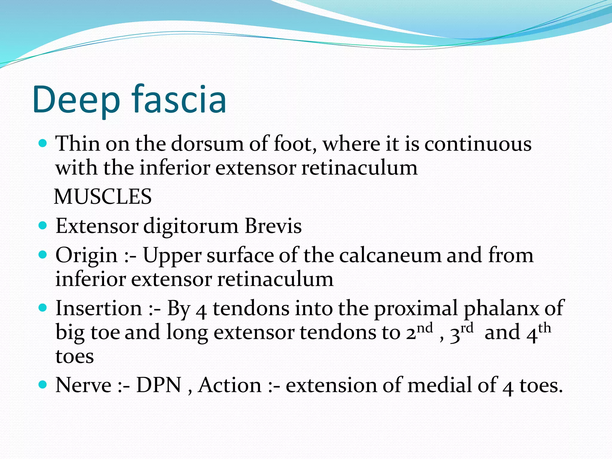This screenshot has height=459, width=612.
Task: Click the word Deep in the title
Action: (76, 100)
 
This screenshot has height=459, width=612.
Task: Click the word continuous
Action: (478, 144)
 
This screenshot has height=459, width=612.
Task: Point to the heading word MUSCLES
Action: (103, 197)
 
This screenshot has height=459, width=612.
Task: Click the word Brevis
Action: (273, 226)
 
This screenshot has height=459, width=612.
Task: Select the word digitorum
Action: (191, 227)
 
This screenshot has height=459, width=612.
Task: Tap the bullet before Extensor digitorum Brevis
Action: (43, 225)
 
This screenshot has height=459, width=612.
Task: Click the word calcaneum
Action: (390, 255)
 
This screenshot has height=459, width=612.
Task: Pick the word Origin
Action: (87, 256)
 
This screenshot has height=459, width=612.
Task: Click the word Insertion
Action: (99, 308)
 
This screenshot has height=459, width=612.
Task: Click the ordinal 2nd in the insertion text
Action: (419, 332)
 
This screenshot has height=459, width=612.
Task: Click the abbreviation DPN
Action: (159, 385)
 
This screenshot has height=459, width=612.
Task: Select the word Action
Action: (230, 385)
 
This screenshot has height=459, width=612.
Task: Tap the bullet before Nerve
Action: (43, 384)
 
